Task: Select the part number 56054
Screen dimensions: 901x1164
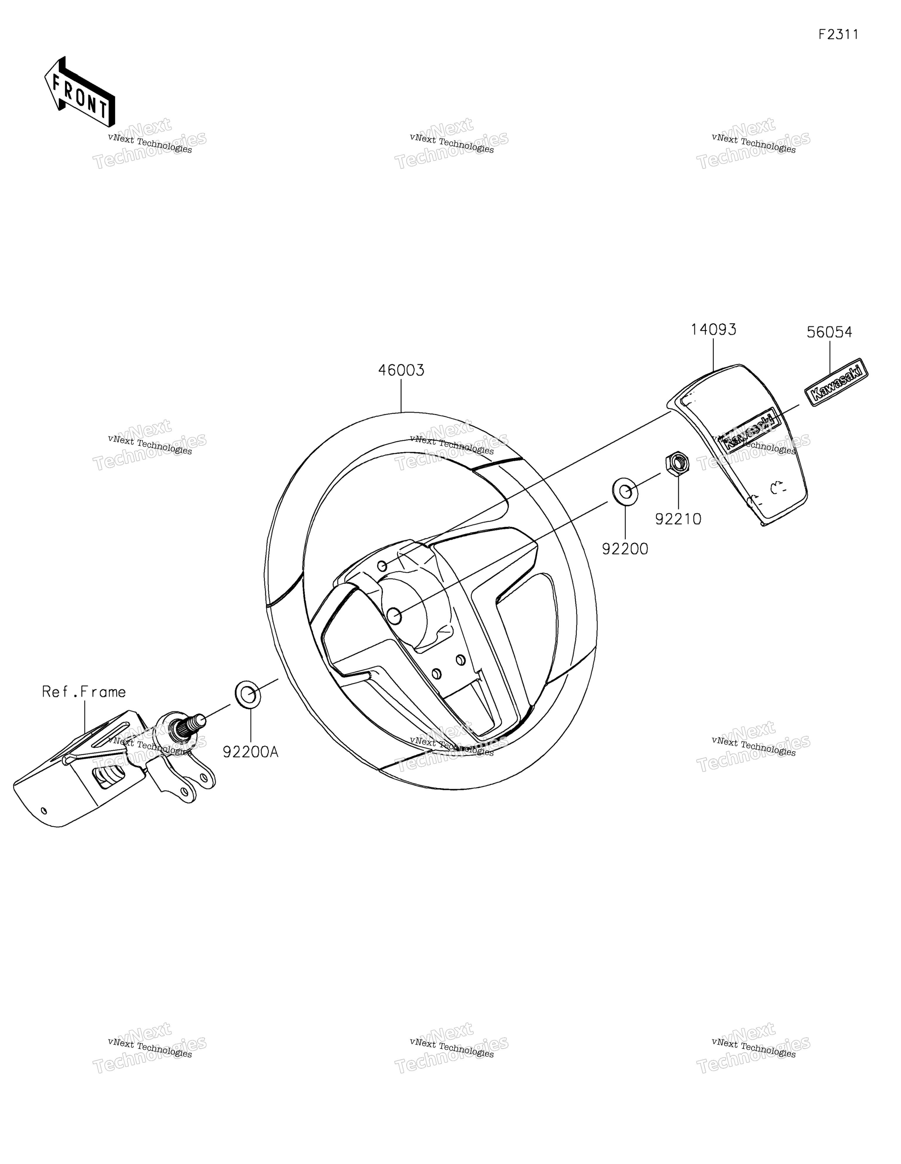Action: pos(829,332)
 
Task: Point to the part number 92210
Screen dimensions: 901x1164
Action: pos(678,519)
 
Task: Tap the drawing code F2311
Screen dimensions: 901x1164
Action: pos(839,35)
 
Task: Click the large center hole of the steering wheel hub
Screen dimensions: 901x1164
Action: pos(394,616)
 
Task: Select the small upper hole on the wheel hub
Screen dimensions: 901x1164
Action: pos(382,565)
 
